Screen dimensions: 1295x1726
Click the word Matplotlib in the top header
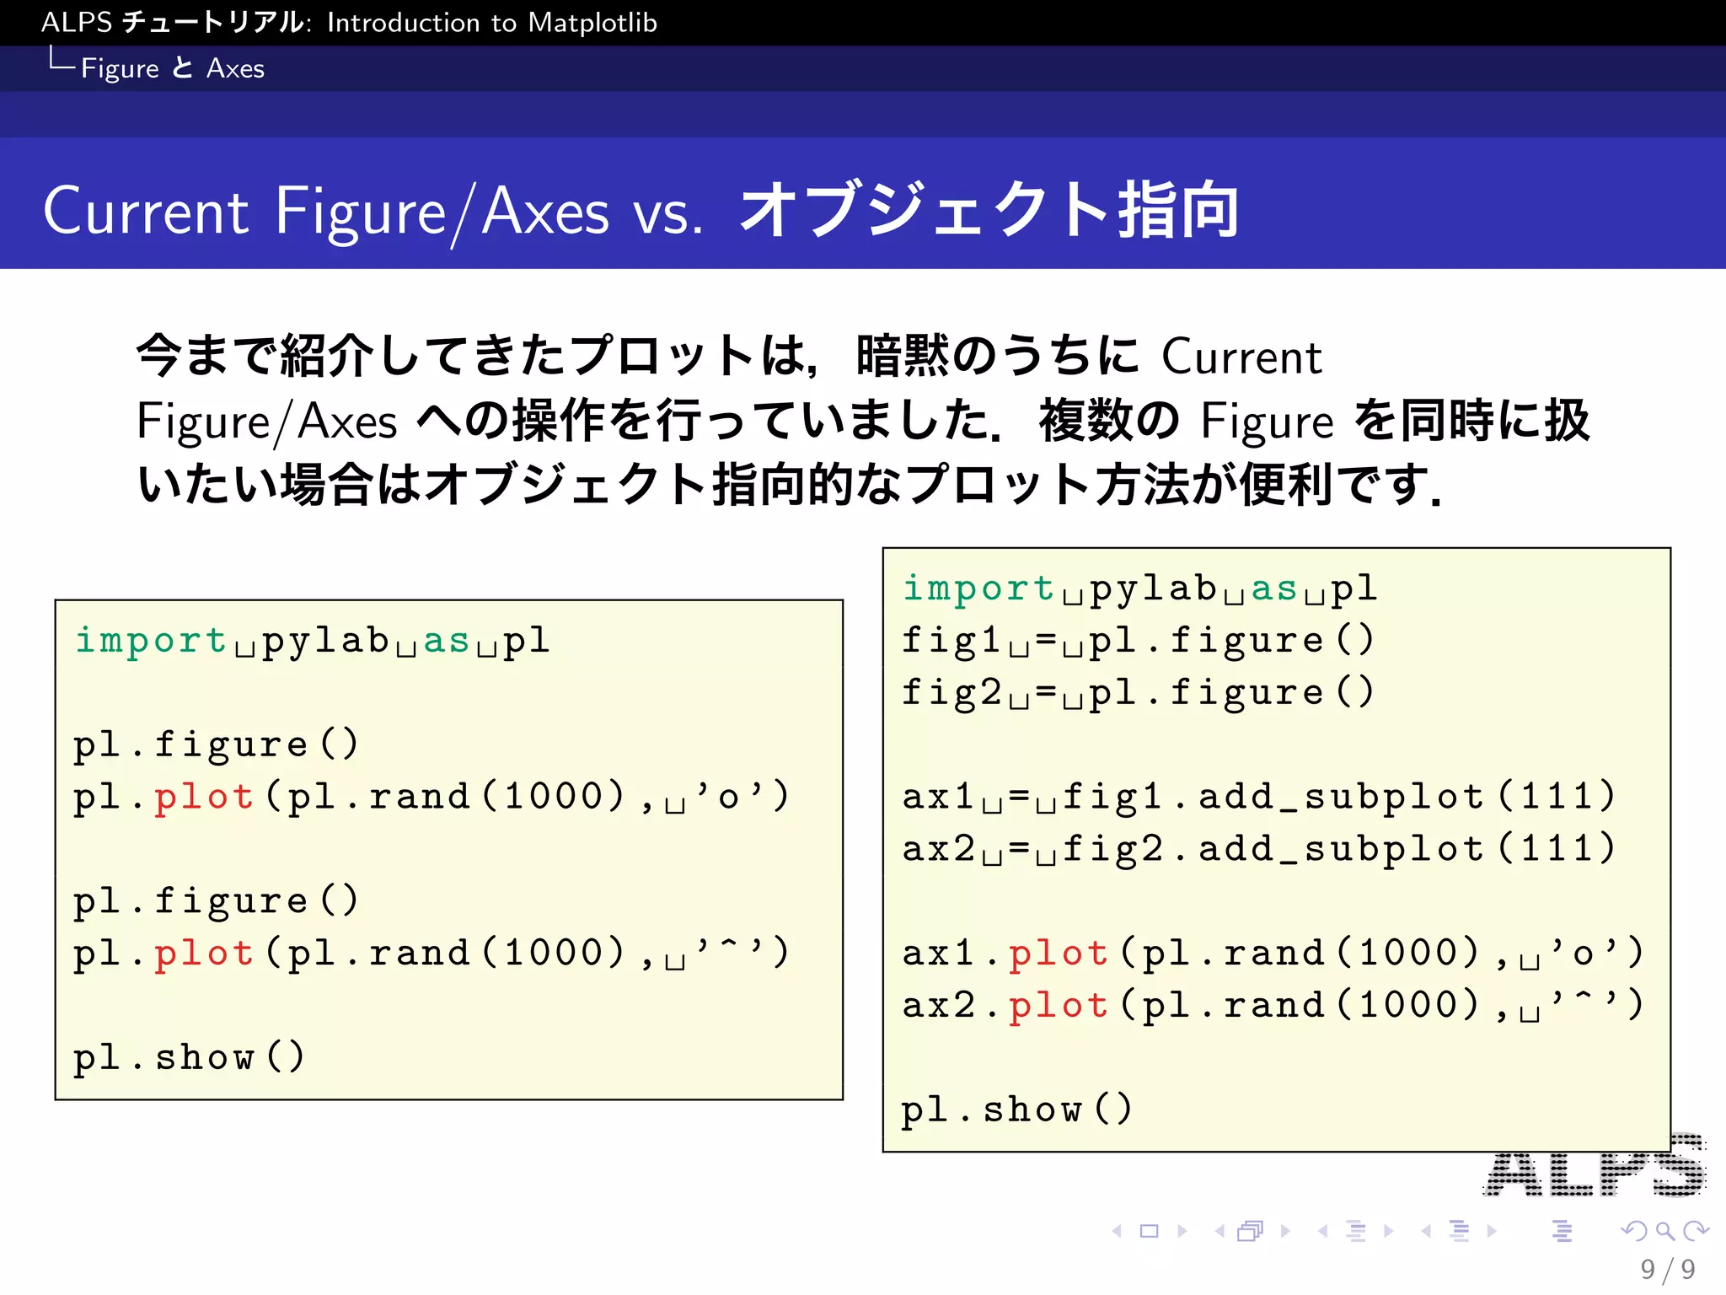592,22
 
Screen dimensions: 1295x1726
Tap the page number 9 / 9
1668,1269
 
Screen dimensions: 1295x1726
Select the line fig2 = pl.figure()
1138,693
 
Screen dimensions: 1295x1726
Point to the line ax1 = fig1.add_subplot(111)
1257,797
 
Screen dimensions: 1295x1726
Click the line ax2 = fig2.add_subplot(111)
1257,849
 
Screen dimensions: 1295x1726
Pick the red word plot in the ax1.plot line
1059,954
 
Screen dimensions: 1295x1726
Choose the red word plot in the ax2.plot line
1059,1006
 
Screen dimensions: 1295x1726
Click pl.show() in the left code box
189,1057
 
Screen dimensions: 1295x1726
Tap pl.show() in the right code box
1016,1110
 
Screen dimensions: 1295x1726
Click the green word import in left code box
150,641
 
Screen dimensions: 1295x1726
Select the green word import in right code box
978,588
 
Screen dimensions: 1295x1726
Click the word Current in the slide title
146,211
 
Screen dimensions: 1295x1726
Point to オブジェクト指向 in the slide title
988,211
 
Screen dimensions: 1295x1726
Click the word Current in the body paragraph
1241,357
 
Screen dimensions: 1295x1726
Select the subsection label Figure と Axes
172,68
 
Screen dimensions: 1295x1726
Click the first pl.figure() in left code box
216,744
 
